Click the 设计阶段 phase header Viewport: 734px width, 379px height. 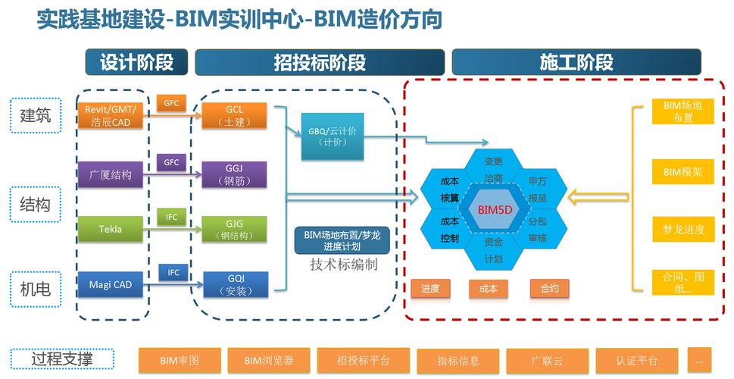(136, 62)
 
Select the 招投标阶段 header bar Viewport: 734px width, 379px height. (319, 62)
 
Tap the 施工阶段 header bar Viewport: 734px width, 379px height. (576, 62)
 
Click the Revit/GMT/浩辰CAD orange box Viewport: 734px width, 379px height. (110, 116)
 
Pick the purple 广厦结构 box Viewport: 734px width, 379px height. (110, 174)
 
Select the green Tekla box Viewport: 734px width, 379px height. (110, 229)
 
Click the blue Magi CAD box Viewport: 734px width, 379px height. (110, 284)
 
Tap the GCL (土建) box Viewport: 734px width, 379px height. (234, 116)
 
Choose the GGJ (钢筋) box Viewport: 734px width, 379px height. (234, 174)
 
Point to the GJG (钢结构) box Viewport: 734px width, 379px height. (234, 229)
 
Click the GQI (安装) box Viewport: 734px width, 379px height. (236, 284)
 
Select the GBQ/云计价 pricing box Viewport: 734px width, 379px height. (332, 137)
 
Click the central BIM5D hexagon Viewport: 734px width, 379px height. (494, 208)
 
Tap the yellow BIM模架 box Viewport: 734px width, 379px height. (682, 172)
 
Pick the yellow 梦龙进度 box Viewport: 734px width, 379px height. (682, 229)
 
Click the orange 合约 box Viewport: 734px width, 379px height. (549, 288)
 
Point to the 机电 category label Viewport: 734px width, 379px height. (36, 288)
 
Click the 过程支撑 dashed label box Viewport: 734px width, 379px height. (62, 359)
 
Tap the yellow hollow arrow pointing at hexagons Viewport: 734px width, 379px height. (595, 199)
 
